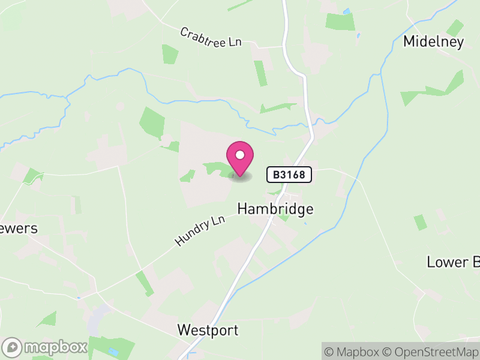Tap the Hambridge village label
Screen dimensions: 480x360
click(x=275, y=209)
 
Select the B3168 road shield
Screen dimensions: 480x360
click(x=289, y=175)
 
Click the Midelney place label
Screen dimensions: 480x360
click(x=434, y=41)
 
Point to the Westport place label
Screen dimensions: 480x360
click(x=208, y=330)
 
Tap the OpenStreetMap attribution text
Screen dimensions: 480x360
click(x=430, y=352)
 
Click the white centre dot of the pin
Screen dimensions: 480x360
click(x=240, y=155)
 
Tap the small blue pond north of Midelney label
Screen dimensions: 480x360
click(x=346, y=11)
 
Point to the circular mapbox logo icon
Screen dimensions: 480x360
click(x=13, y=347)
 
